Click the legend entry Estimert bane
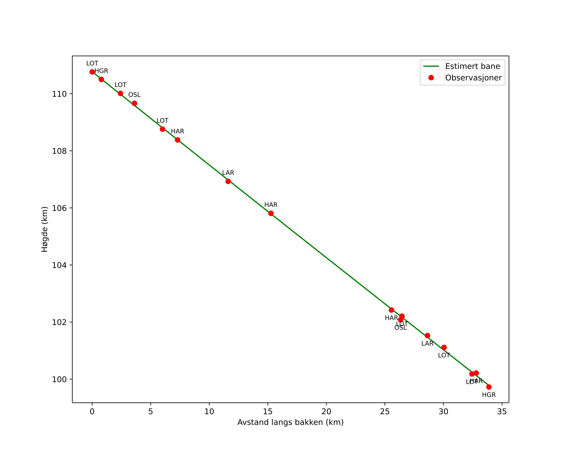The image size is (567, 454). click(x=472, y=66)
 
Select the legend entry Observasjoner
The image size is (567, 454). click(x=473, y=78)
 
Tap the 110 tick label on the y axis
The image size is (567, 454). click(x=59, y=94)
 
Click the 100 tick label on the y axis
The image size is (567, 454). click(x=59, y=379)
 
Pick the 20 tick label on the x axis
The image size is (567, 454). click(x=326, y=412)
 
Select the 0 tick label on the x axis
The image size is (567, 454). click(x=92, y=412)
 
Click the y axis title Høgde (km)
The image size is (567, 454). click(x=45, y=229)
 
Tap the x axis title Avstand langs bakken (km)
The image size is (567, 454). click(x=290, y=422)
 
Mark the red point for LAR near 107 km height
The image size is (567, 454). click(x=228, y=181)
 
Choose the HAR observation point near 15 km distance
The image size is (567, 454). click(x=271, y=213)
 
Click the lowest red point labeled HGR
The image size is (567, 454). click(x=489, y=387)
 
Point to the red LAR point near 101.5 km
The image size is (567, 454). click(x=427, y=336)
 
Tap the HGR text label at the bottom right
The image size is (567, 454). click(x=489, y=395)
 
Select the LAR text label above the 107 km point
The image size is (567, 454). click(x=228, y=173)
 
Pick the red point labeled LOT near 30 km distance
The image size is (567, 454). click(x=444, y=347)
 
